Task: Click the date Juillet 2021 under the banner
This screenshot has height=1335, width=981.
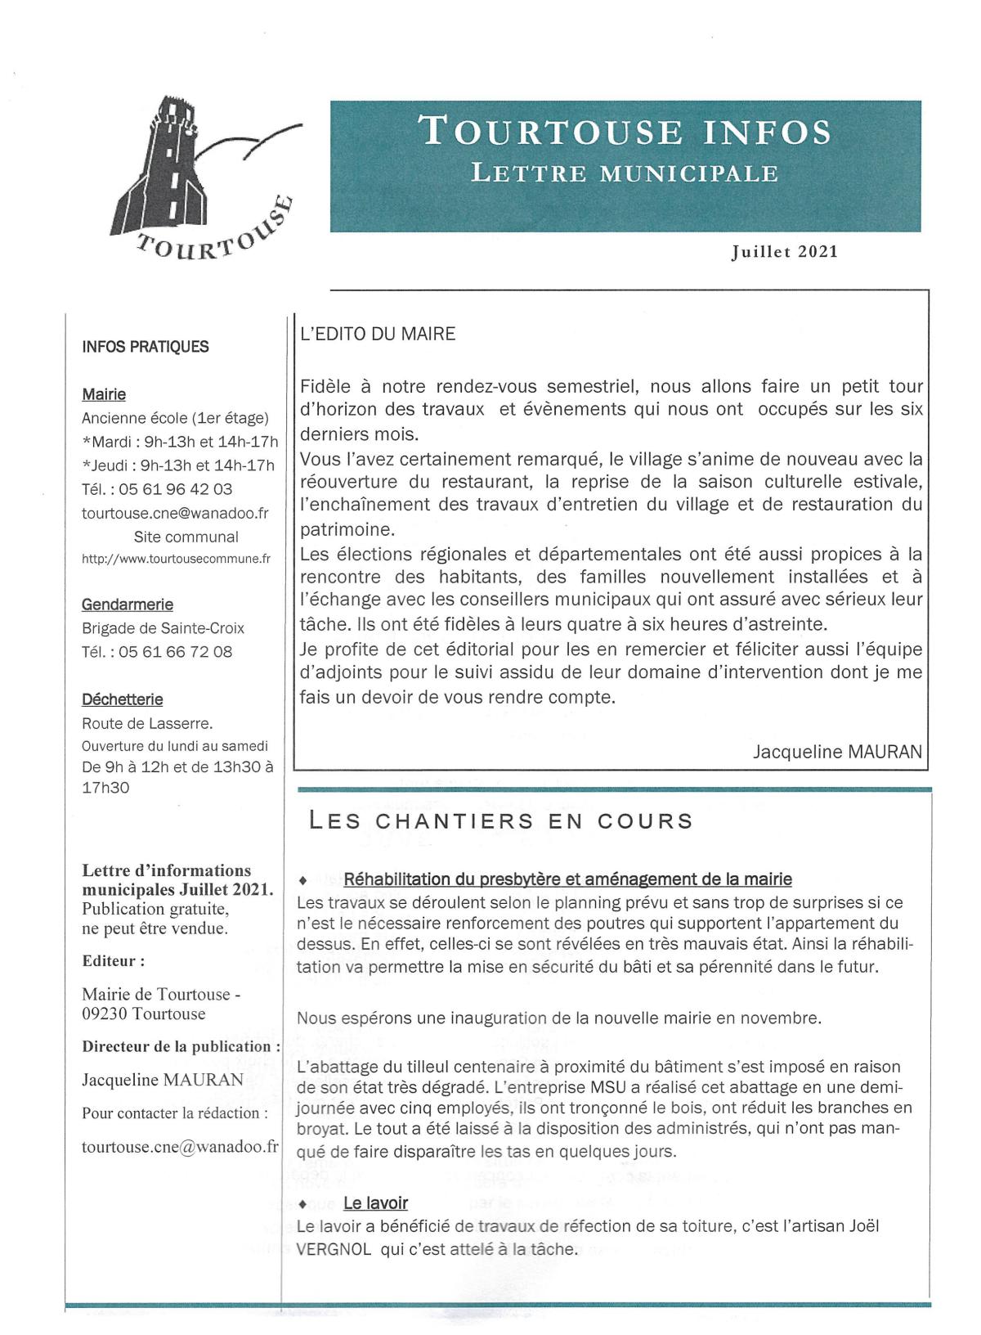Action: tap(784, 251)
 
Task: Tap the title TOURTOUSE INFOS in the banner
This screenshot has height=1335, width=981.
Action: tap(625, 132)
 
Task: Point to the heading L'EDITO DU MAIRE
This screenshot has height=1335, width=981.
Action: tap(379, 334)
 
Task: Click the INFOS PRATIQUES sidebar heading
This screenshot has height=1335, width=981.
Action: tap(146, 347)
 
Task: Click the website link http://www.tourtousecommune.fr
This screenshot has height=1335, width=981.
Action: tap(176, 560)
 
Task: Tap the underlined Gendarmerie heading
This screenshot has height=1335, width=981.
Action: tap(128, 605)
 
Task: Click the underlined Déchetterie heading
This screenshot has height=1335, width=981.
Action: tap(123, 699)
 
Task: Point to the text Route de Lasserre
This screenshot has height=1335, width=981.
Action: tap(147, 723)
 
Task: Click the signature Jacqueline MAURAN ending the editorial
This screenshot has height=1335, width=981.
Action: tap(837, 752)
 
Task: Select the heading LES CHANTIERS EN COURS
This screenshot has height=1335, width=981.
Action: tap(500, 821)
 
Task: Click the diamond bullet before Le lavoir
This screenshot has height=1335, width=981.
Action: tap(304, 1204)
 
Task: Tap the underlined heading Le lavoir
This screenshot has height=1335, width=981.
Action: tap(375, 1202)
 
